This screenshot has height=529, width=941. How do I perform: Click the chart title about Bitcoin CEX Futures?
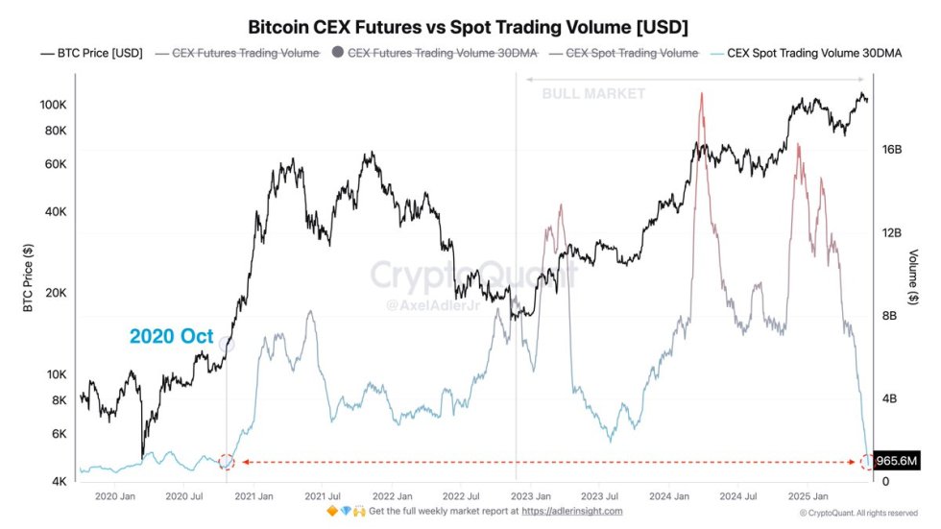coord(469,25)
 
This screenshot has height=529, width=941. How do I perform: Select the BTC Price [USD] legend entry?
coord(91,54)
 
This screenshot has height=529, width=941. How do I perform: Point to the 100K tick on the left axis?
coord(53,104)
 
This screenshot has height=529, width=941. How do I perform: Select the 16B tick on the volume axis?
coord(892,150)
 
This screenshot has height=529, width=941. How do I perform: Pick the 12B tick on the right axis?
coord(892,233)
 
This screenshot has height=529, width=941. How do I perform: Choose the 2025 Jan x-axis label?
coord(807,496)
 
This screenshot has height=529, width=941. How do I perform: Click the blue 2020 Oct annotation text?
coord(171,336)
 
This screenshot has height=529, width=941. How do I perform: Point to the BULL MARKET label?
coord(593,94)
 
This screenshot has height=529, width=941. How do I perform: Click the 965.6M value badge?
coord(899,462)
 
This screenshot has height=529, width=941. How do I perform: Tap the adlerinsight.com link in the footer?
coord(572,512)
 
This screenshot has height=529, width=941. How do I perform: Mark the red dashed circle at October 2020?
coord(227,462)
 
